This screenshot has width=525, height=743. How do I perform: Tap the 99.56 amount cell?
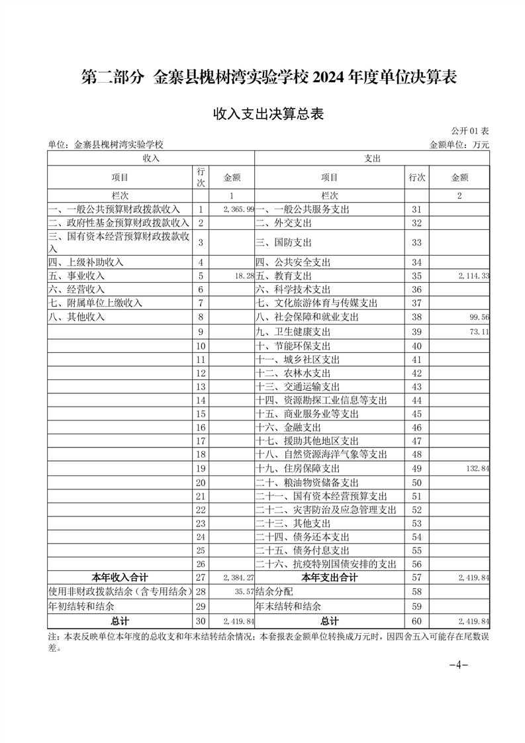point(478,317)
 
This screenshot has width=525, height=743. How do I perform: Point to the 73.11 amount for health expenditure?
point(478,331)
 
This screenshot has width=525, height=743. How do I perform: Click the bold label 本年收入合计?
point(120,577)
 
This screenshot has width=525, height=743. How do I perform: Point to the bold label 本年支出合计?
point(329,577)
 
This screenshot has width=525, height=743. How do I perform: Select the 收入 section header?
point(151,159)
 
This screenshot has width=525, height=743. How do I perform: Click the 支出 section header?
point(373,159)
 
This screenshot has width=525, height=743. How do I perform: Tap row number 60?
point(416,621)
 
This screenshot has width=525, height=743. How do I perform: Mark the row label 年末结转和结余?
point(289,606)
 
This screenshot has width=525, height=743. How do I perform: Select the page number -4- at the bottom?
point(458,666)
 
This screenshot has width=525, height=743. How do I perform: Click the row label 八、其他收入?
point(77,317)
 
